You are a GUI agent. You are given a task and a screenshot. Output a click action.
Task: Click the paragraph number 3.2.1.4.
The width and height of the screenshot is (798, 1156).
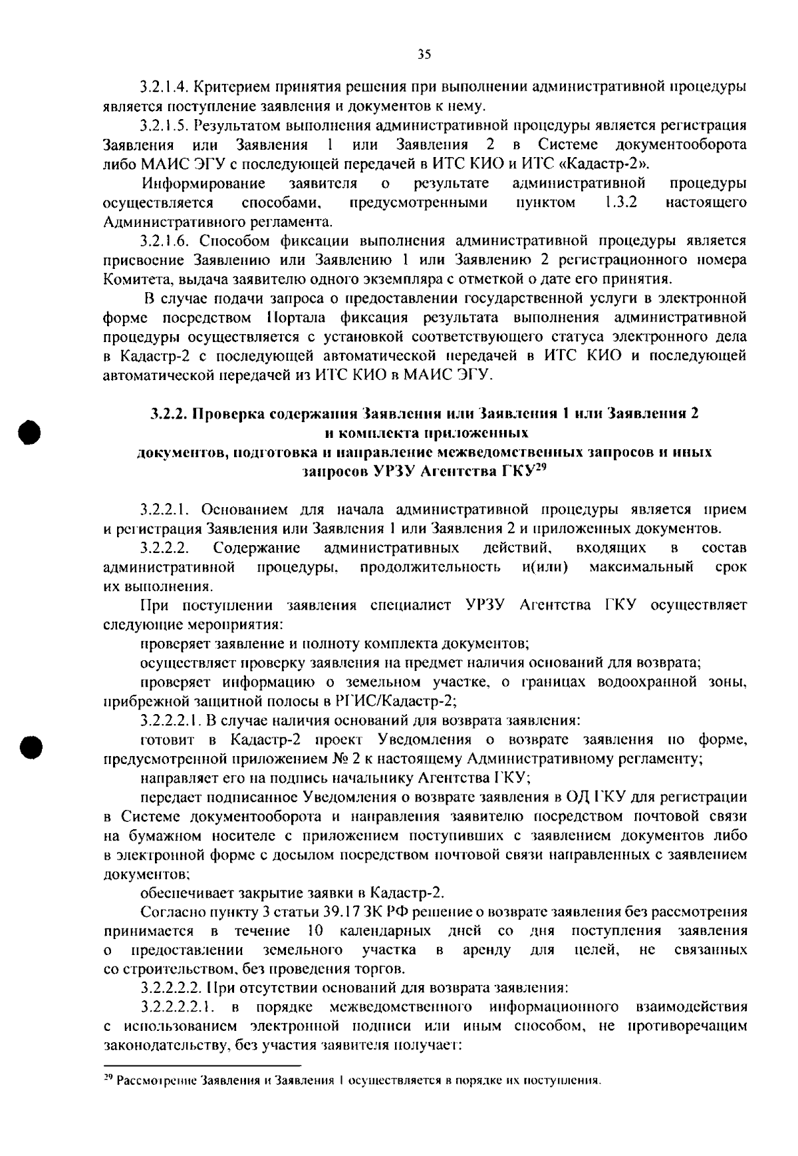point(164,87)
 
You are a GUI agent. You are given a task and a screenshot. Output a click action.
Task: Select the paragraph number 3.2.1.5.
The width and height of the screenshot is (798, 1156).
point(164,126)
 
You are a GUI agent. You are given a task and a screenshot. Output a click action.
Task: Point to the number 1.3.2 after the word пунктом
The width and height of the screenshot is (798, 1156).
point(621,202)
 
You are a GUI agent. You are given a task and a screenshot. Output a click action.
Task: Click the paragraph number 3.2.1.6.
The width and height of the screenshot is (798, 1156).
point(164,241)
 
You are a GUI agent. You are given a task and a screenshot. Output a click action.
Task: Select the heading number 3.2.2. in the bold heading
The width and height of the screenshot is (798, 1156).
point(166,413)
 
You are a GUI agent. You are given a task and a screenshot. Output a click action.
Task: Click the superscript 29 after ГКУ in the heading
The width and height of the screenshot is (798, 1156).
point(541,468)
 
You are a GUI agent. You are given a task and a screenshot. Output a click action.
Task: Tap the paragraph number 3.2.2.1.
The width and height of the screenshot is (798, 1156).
point(164,510)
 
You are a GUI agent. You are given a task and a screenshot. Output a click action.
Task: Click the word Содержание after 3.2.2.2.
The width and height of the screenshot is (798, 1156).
point(257,548)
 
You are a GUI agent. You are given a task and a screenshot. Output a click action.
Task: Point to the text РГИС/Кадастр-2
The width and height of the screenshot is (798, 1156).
point(390,702)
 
